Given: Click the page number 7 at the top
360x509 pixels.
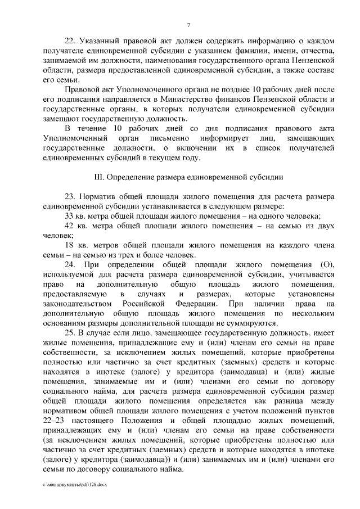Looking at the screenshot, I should [188, 25].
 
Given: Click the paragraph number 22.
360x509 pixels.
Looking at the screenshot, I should [70, 41].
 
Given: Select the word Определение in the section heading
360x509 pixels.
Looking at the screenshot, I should [133, 177].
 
